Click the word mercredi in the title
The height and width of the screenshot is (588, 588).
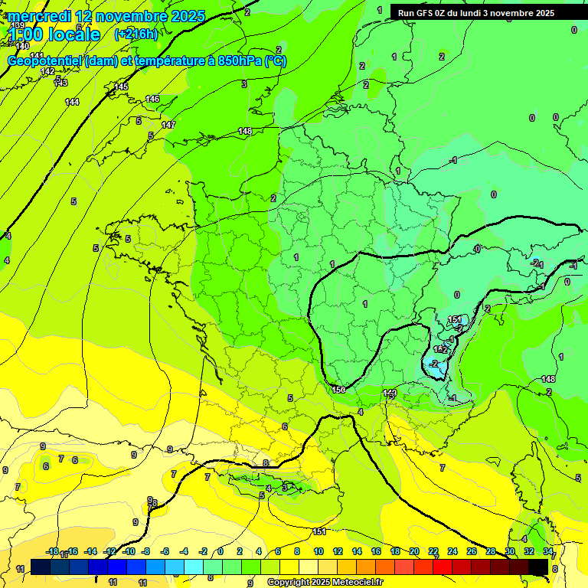[x=39, y=16]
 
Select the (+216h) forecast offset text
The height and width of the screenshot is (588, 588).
[x=136, y=34]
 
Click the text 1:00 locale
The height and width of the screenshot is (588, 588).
[x=54, y=34]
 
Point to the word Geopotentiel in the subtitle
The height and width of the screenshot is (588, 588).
[x=45, y=61]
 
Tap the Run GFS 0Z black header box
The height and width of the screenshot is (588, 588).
[x=475, y=12]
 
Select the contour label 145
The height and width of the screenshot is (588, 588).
[x=121, y=87]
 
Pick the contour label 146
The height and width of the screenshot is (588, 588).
[x=152, y=99]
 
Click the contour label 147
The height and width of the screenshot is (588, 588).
[x=168, y=125]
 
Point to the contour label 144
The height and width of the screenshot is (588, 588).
[x=72, y=102]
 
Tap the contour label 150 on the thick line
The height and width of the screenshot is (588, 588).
[x=339, y=390]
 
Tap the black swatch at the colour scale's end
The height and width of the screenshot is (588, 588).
[x=538, y=566]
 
